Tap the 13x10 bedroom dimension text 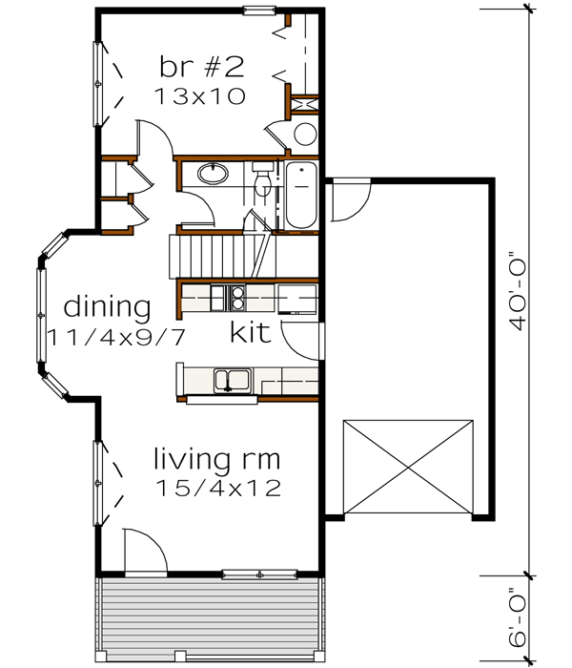click(202, 95)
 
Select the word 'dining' click(108, 307)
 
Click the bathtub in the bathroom click(299, 196)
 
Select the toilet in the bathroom click(261, 180)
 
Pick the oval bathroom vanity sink click(214, 175)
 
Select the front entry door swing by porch click(143, 553)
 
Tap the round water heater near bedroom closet click(305, 134)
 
